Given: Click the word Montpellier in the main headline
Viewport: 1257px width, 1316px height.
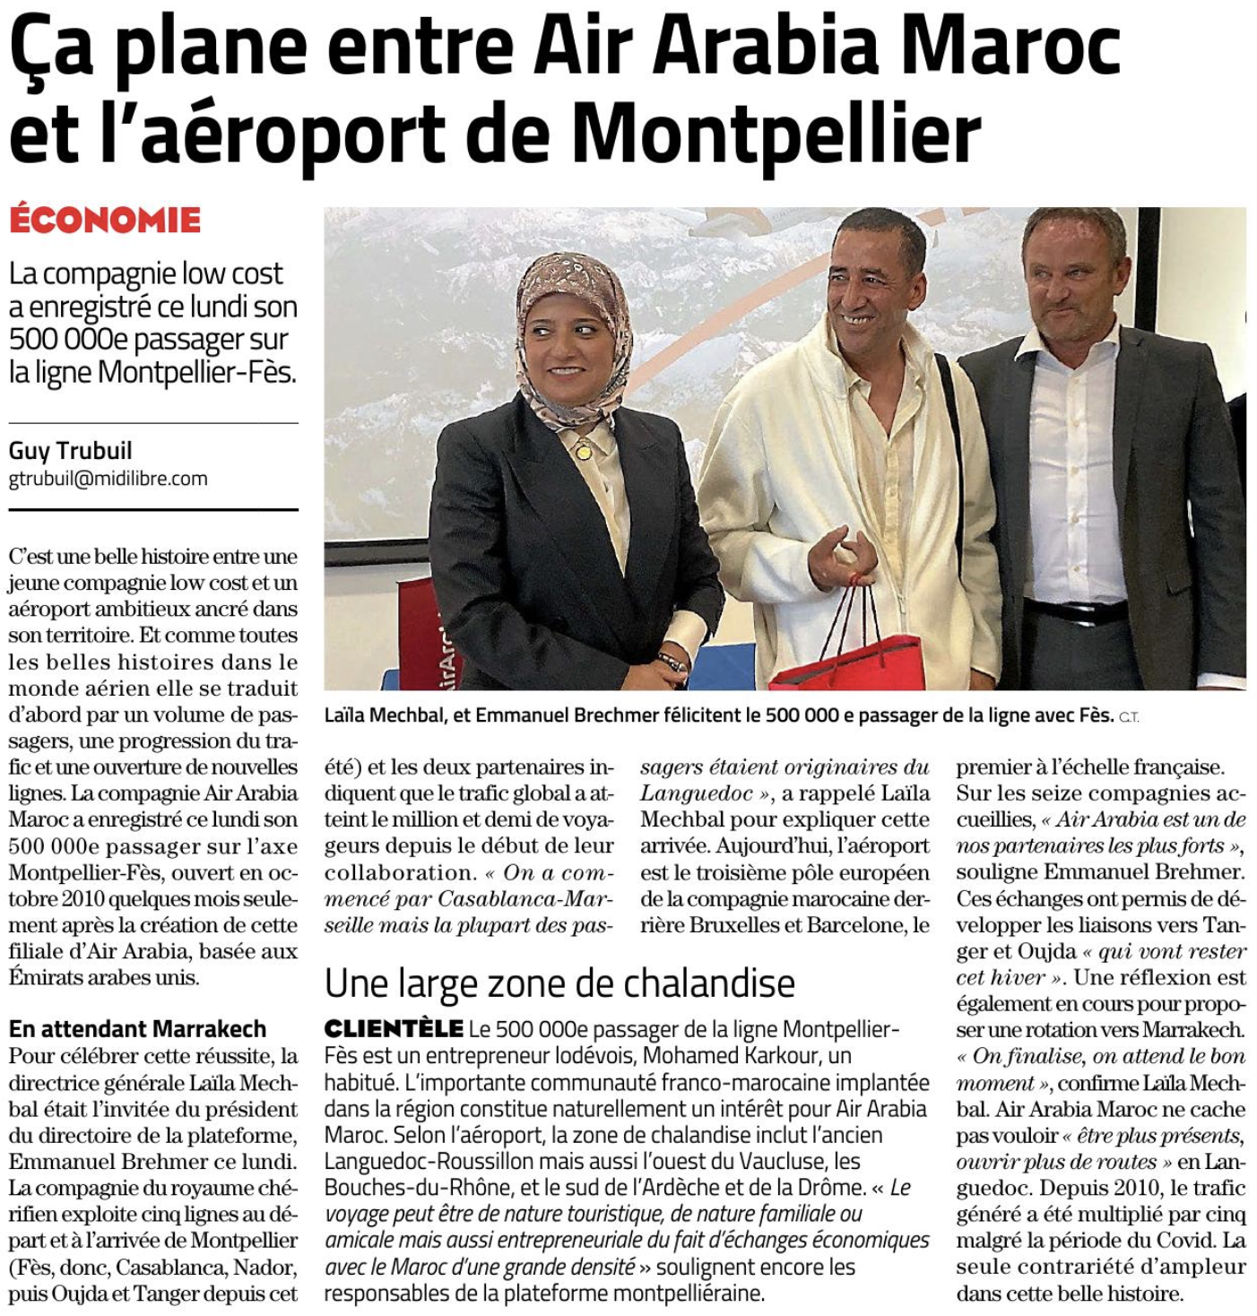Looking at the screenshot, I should point(776,134).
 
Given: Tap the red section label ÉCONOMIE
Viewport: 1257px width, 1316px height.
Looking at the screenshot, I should point(105,221).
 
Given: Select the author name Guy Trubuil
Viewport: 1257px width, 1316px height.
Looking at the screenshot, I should point(70,450).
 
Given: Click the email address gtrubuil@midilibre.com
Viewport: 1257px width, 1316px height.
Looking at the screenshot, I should point(108,479).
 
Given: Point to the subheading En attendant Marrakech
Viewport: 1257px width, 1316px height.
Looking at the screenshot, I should point(137,1028).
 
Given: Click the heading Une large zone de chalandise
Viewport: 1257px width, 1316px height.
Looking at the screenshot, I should point(559,983).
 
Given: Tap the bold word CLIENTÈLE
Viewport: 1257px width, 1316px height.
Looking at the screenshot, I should point(394,1029).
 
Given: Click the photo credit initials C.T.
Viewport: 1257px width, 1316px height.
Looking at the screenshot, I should point(1129,717).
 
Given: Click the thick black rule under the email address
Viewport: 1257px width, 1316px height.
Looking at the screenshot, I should point(153,509).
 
